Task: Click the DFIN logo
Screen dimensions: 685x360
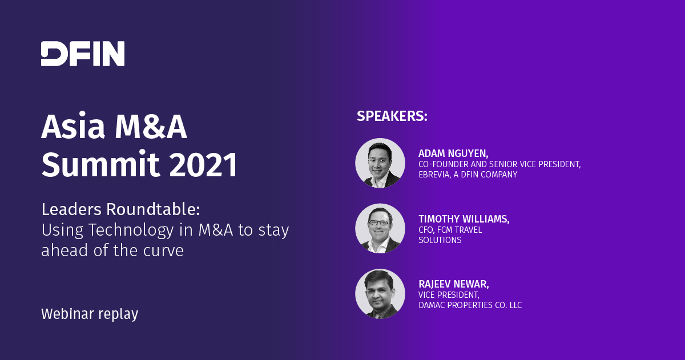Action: point(83,54)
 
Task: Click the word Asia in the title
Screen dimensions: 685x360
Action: point(73,127)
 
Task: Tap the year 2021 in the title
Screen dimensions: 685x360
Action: point(203,164)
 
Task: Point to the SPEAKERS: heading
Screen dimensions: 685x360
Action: point(392,116)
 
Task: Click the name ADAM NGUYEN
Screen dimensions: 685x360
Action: point(453,153)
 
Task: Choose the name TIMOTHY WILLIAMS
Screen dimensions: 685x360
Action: point(464,219)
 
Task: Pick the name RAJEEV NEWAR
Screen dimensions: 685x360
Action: point(453,284)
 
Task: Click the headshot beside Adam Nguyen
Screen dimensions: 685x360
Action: point(380,163)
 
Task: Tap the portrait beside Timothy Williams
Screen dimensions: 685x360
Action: point(380,228)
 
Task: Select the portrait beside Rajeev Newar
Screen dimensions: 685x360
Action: point(380,294)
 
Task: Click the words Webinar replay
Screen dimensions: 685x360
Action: point(90,314)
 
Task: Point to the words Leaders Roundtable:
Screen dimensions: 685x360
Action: point(121,209)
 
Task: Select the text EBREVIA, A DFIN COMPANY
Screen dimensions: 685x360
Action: point(468,175)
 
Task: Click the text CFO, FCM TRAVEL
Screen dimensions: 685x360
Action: point(450,230)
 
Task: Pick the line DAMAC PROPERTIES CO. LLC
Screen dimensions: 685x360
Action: point(470,305)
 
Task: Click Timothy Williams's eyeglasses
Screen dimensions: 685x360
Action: point(379,223)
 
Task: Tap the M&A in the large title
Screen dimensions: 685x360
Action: point(151,127)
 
